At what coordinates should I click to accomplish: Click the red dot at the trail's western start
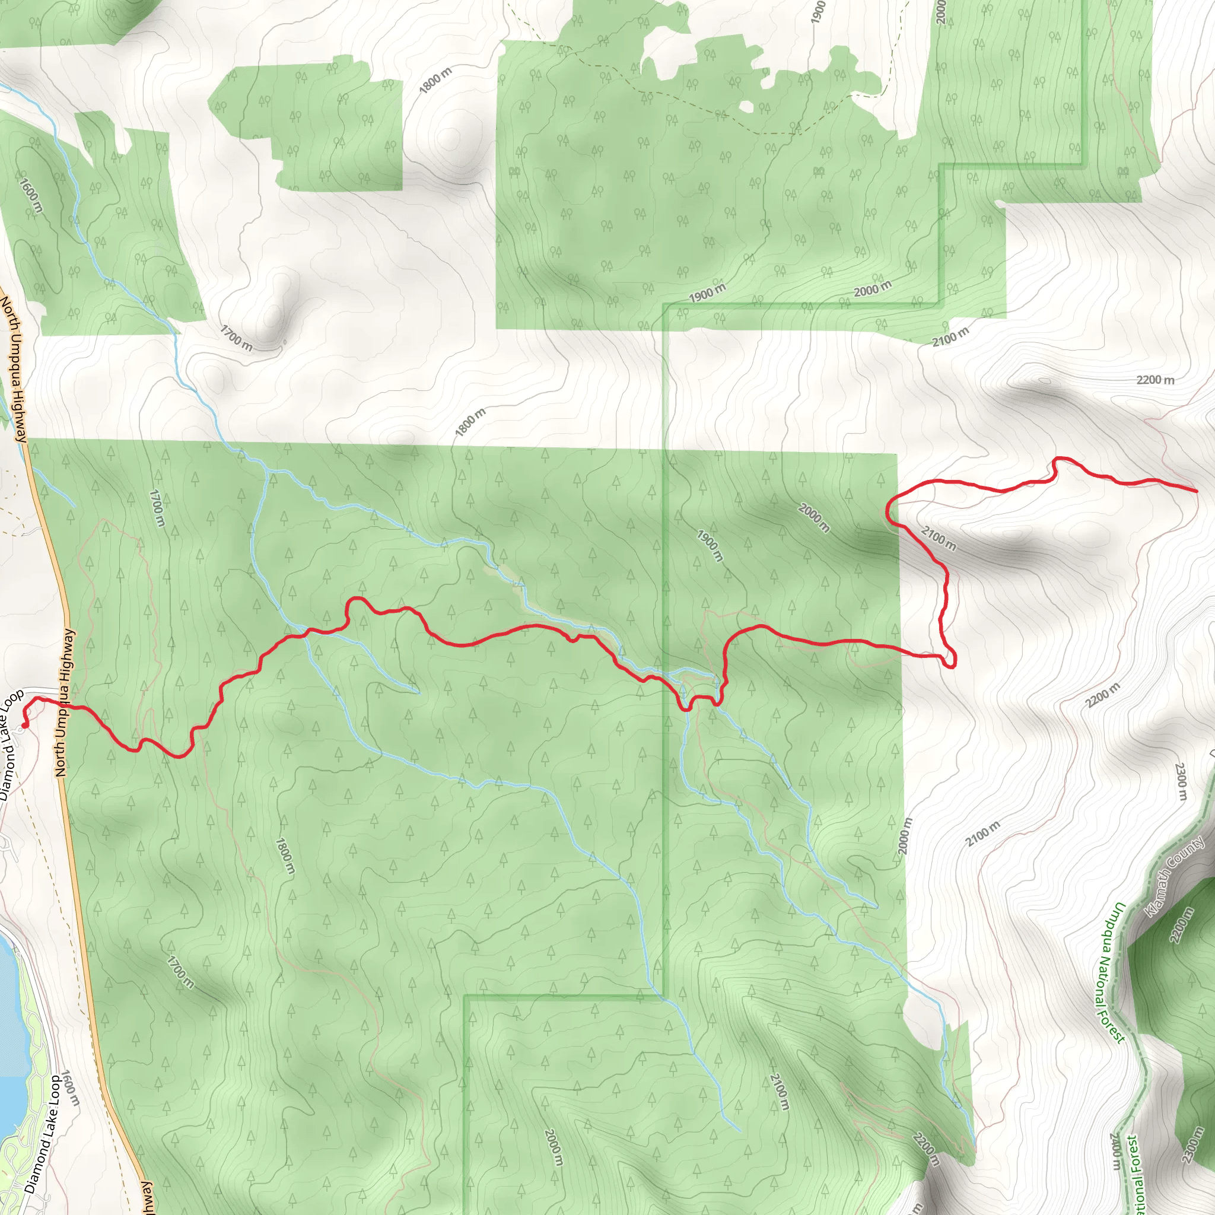click(x=24, y=725)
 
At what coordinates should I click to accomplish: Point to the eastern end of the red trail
click(x=1196, y=491)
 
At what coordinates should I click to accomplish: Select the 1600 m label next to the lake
click(x=71, y=1089)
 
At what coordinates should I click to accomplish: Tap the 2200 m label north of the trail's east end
click(x=1155, y=380)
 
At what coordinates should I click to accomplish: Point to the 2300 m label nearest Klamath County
click(x=1181, y=783)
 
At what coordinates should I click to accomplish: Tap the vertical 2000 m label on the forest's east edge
click(x=905, y=836)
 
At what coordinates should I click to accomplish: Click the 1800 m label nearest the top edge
click(x=436, y=81)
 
